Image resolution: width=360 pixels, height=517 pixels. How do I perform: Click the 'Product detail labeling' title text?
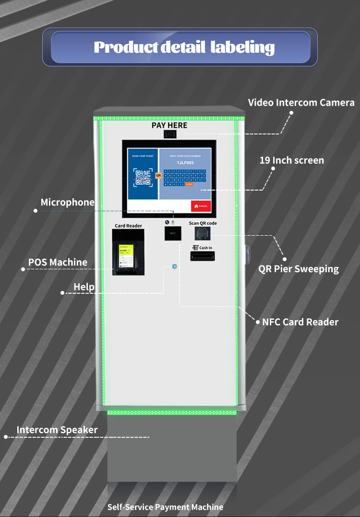[184, 47]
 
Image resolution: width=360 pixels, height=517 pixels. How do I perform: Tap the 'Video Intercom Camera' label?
[301, 102]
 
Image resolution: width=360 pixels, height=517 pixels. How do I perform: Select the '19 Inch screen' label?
[291, 160]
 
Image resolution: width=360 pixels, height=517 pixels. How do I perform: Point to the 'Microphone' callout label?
[67, 202]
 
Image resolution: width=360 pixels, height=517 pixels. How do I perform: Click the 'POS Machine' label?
[58, 262]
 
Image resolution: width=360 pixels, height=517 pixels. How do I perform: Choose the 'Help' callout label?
[84, 287]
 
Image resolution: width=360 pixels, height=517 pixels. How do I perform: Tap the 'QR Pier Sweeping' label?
[299, 269]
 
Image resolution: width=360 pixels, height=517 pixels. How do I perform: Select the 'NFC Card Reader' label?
[300, 322]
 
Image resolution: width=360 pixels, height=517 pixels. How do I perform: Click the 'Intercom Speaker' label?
[57, 430]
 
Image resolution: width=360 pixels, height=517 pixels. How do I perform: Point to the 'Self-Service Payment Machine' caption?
[165, 507]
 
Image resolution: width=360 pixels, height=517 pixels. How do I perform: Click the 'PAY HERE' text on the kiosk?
[169, 125]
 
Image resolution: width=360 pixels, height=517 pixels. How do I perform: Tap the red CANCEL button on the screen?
[201, 206]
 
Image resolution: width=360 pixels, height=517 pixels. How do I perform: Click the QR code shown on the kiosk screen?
[143, 177]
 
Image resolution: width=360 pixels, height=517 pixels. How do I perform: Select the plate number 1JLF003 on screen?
[185, 163]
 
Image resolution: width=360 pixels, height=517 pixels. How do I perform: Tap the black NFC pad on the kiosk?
[173, 233]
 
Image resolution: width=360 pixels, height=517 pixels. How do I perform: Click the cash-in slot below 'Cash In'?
[202, 256]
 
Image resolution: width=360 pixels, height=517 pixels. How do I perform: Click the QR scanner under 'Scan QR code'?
[202, 234]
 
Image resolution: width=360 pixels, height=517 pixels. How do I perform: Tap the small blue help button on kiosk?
[174, 266]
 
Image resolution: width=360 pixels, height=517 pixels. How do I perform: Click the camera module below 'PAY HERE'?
[169, 134]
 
